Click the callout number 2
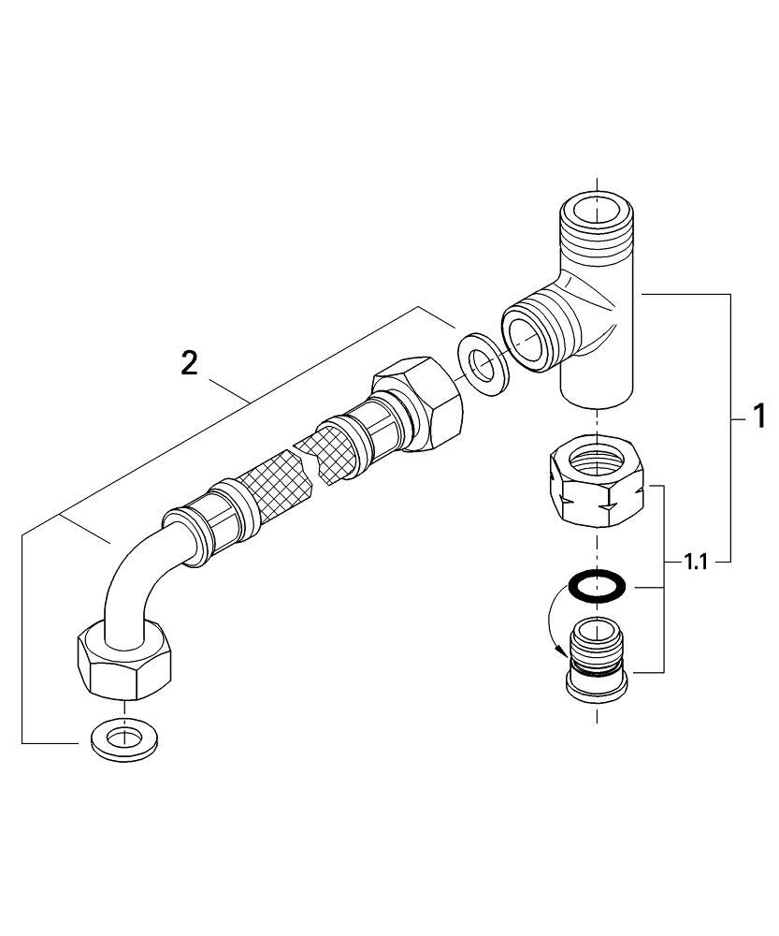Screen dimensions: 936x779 (190, 363)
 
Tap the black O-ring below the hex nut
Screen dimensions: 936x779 (598, 587)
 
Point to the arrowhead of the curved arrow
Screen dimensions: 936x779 (564, 655)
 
